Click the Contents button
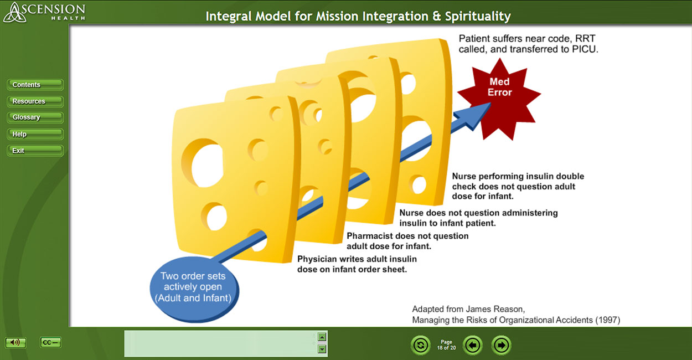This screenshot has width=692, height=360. pos(35,85)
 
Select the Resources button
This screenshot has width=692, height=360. pos(35,101)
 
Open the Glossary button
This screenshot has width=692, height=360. pos(35,117)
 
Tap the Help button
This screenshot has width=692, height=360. pos(35,134)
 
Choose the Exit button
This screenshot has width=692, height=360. pos(35,151)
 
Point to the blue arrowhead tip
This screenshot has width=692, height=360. pos(491,104)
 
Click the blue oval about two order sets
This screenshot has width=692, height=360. pos(194,290)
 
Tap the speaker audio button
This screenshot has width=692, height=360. pos(16,342)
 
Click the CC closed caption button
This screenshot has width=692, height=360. pos(50,342)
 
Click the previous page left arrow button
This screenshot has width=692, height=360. pos(473,345)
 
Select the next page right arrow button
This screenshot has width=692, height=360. pos(501,345)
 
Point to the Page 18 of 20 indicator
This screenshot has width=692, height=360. pos(446,345)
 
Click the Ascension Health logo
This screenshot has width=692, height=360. pos(44,12)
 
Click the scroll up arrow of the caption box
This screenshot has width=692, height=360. pos(322,337)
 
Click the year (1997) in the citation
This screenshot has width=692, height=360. pos(608,320)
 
